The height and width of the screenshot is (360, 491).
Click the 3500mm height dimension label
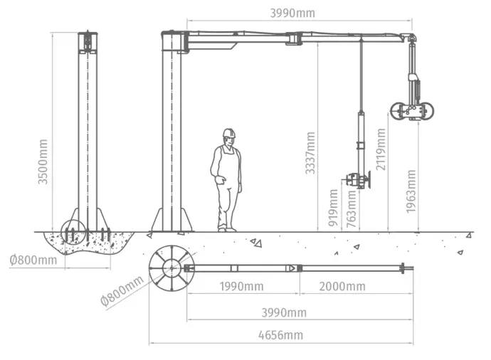click(x=43, y=162)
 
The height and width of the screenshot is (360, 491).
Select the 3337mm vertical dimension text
click(x=310, y=153)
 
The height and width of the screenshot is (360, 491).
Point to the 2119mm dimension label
click(x=381, y=149)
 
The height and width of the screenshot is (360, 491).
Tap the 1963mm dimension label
click(x=411, y=191)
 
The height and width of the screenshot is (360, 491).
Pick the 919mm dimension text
click(x=333, y=208)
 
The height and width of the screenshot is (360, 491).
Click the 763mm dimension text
click(x=352, y=209)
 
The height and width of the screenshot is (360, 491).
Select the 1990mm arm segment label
click(x=241, y=287)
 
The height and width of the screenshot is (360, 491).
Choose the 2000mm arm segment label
click(x=342, y=287)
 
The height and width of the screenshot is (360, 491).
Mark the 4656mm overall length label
click(x=281, y=335)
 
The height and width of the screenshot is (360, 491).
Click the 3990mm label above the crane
click(x=292, y=13)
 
